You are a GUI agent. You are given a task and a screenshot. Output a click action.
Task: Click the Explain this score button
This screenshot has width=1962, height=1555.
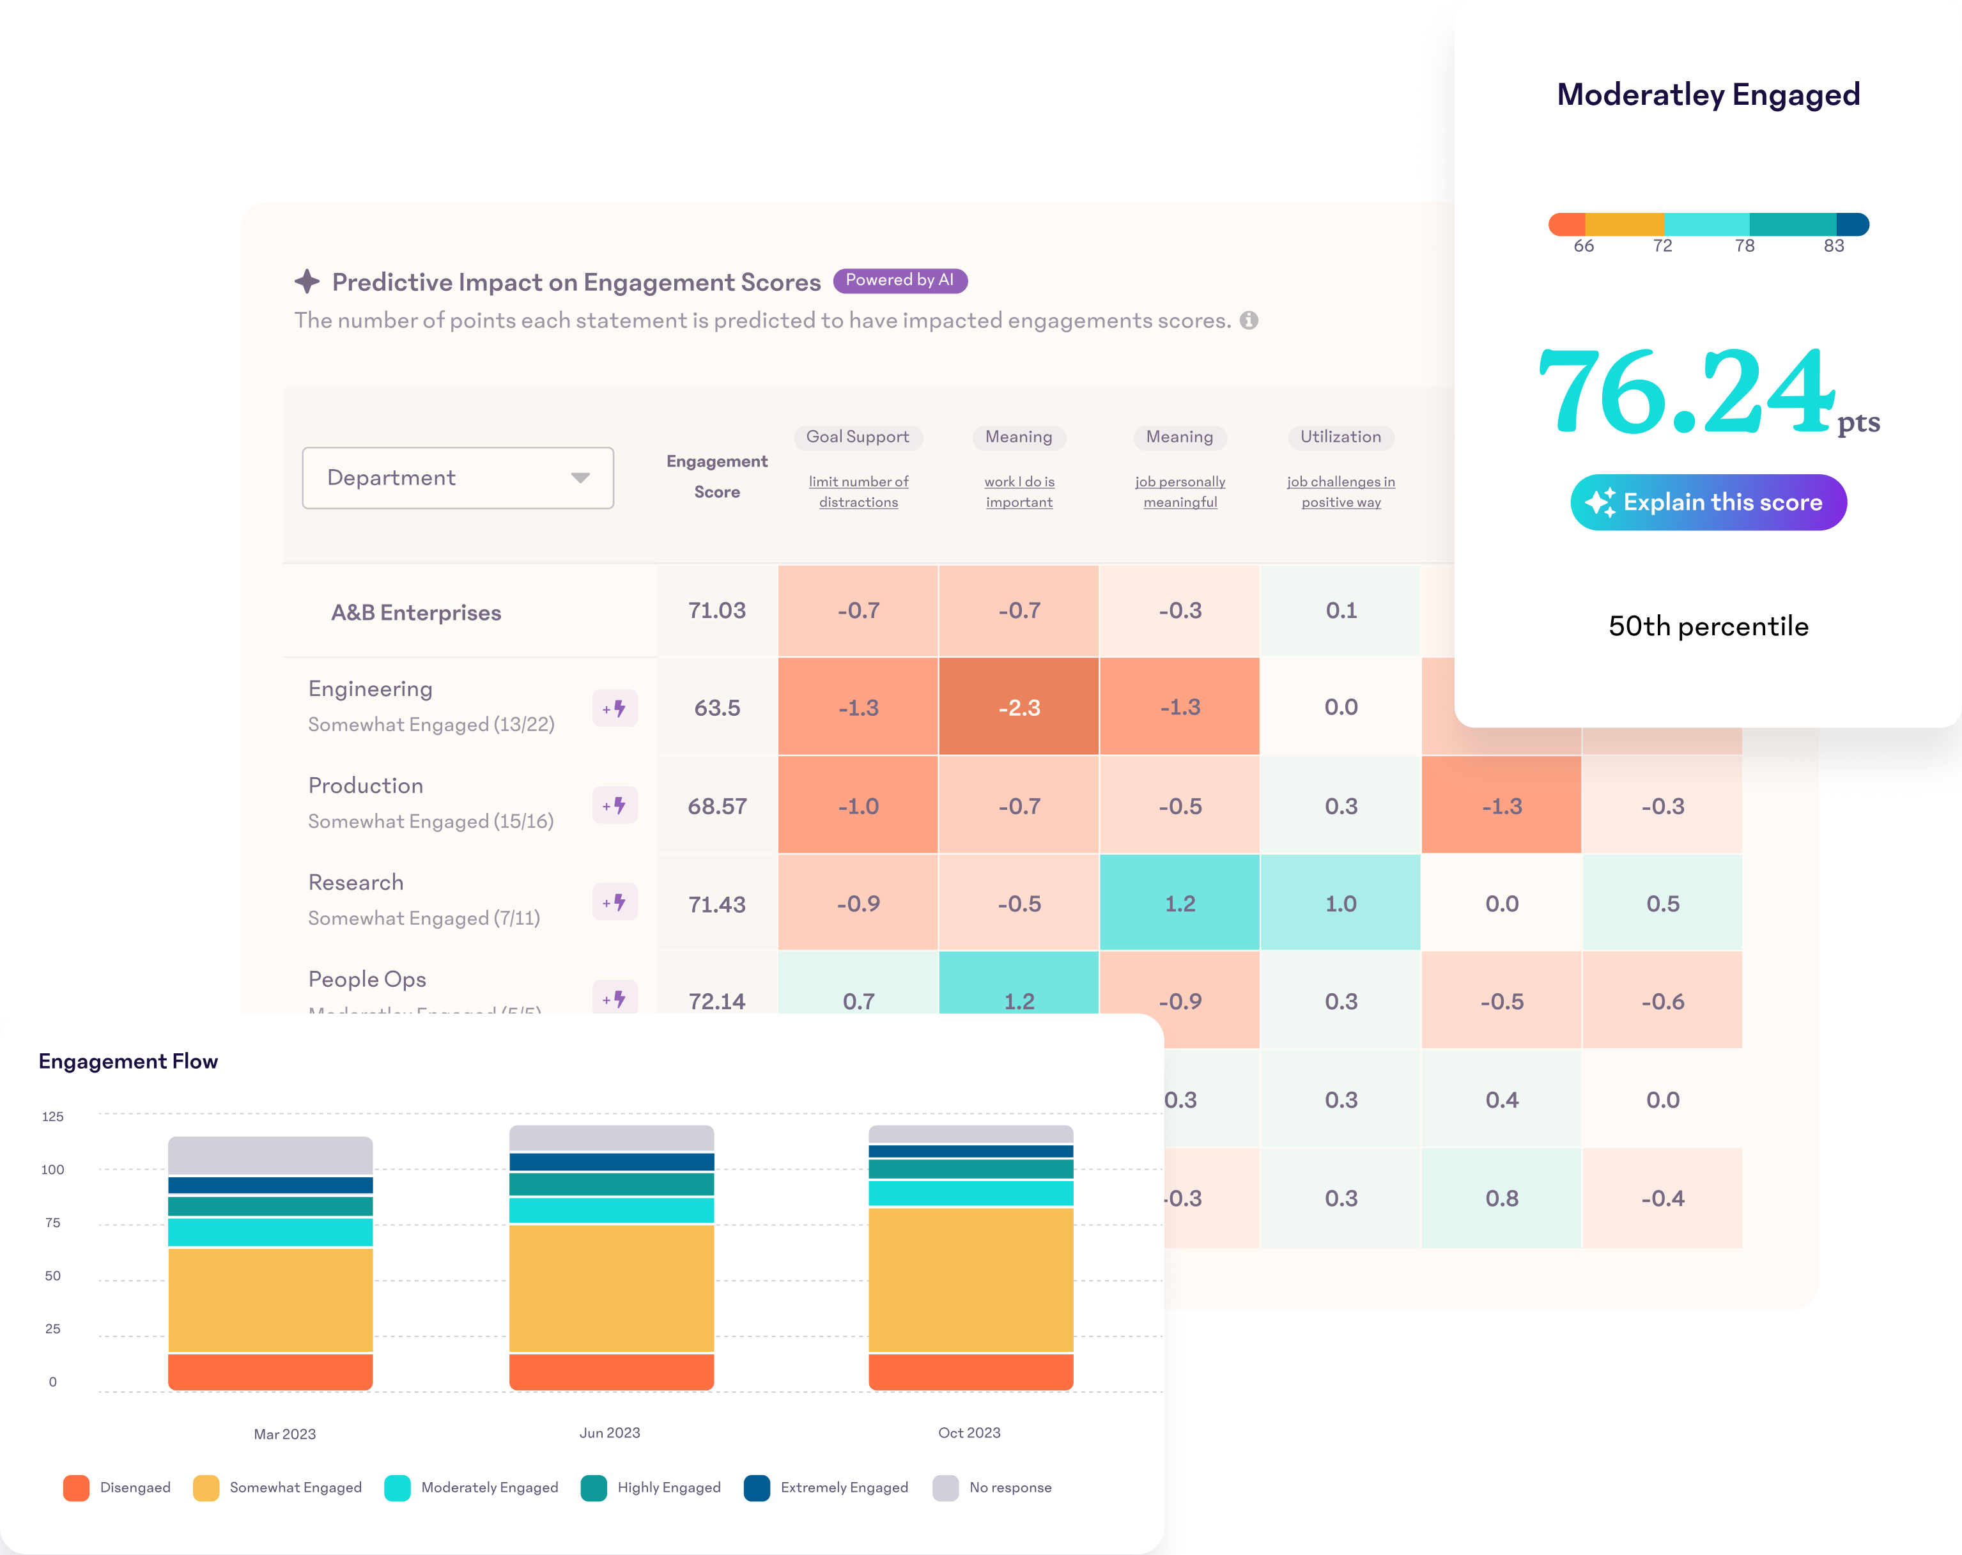(1708, 502)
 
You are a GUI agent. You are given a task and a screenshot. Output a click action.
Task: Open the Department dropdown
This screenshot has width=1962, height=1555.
(458, 477)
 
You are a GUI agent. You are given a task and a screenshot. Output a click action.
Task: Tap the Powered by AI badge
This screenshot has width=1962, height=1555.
(899, 280)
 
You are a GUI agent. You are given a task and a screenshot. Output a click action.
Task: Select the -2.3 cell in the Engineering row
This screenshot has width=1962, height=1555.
(1018, 707)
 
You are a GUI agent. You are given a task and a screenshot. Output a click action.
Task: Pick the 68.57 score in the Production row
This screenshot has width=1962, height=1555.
(717, 806)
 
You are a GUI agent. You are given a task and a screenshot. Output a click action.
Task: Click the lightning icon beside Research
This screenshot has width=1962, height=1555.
(615, 902)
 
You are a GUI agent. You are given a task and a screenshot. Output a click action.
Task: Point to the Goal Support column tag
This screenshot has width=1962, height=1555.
(857, 437)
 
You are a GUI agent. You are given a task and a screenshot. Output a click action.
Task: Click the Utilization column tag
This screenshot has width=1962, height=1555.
(1340, 437)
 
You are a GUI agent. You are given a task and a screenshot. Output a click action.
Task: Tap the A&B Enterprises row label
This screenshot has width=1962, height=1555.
(416, 612)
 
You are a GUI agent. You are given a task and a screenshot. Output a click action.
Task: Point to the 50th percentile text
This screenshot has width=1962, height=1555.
(1708, 626)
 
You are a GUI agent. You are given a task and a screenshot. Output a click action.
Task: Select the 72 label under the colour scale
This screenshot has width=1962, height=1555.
(1663, 245)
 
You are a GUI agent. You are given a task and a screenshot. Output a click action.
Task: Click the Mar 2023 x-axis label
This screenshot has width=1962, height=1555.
(285, 1434)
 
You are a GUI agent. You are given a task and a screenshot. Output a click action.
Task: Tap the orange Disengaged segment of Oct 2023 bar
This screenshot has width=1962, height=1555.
(971, 1371)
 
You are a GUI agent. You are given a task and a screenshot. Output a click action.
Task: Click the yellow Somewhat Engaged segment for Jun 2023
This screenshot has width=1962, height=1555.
(612, 1287)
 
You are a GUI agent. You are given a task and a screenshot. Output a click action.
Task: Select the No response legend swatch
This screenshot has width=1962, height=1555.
(945, 1488)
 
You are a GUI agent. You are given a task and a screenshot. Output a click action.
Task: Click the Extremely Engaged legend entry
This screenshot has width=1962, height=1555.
(844, 1488)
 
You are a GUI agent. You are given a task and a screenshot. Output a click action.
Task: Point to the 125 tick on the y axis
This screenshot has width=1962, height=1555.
(53, 1117)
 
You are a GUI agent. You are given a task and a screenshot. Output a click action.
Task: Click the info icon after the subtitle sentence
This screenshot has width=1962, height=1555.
(1249, 320)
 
